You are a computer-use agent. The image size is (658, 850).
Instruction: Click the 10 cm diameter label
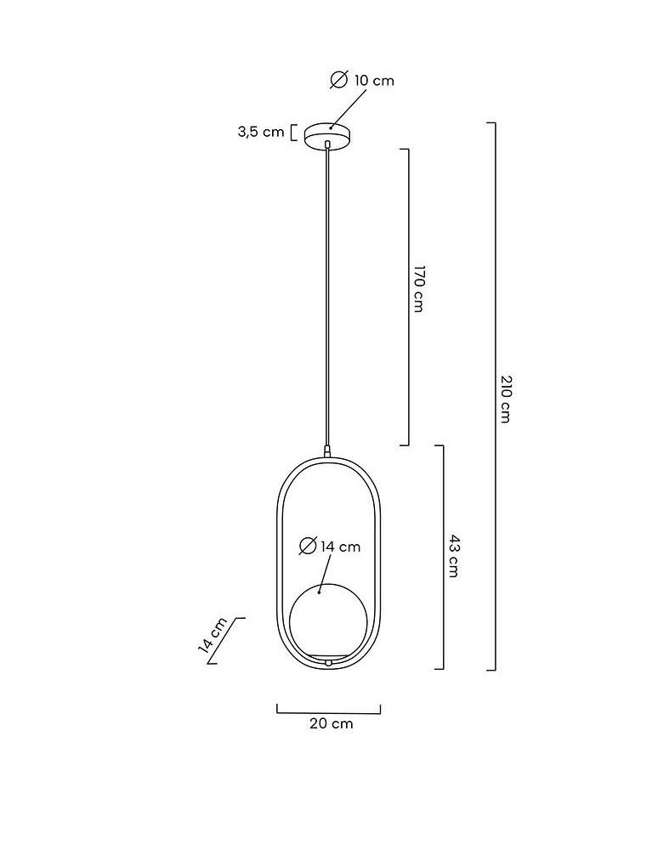[x=362, y=80]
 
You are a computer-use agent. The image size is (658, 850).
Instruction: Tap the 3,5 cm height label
[x=261, y=132]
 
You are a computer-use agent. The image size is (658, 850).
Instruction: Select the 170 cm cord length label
[x=418, y=288]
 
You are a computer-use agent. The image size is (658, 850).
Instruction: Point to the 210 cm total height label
[x=505, y=399]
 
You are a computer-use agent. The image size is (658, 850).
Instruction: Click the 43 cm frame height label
[x=454, y=556]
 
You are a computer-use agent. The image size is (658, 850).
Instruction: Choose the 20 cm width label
[x=332, y=723]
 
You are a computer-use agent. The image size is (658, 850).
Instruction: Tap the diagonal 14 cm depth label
[x=213, y=635]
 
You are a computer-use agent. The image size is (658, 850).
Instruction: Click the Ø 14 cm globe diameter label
[x=330, y=546]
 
